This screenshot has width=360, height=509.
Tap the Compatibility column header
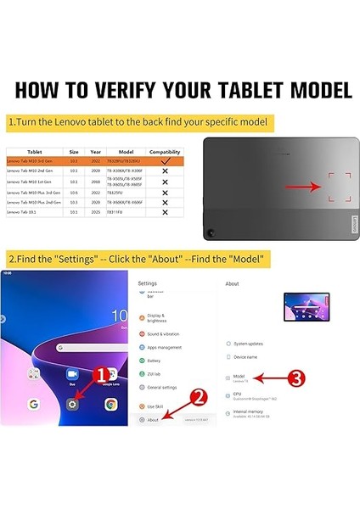click(x=165, y=152)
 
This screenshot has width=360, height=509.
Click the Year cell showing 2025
click(x=96, y=213)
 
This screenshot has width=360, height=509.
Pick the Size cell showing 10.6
click(x=74, y=192)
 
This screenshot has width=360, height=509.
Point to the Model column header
click(x=126, y=152)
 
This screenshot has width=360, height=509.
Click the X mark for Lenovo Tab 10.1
click(x=165, y=213)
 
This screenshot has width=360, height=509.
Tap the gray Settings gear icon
click(x=73, y=405)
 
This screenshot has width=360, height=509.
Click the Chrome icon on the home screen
click(x=110, y=405)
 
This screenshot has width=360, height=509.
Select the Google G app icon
click(x=34, y=405)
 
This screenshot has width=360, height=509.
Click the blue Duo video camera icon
click(x=73, y=374)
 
